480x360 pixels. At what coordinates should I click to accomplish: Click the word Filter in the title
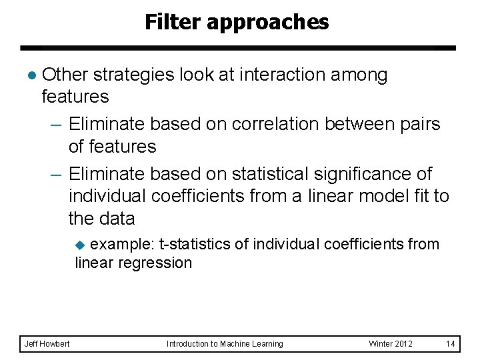[173, 23]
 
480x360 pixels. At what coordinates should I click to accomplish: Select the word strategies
[135, 75]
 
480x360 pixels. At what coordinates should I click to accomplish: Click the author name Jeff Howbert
[47, 344]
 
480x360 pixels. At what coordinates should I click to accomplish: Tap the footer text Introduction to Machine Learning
[225, 344]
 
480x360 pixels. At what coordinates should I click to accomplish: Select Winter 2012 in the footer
[391, 344]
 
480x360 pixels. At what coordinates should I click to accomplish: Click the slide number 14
[450, 344]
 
